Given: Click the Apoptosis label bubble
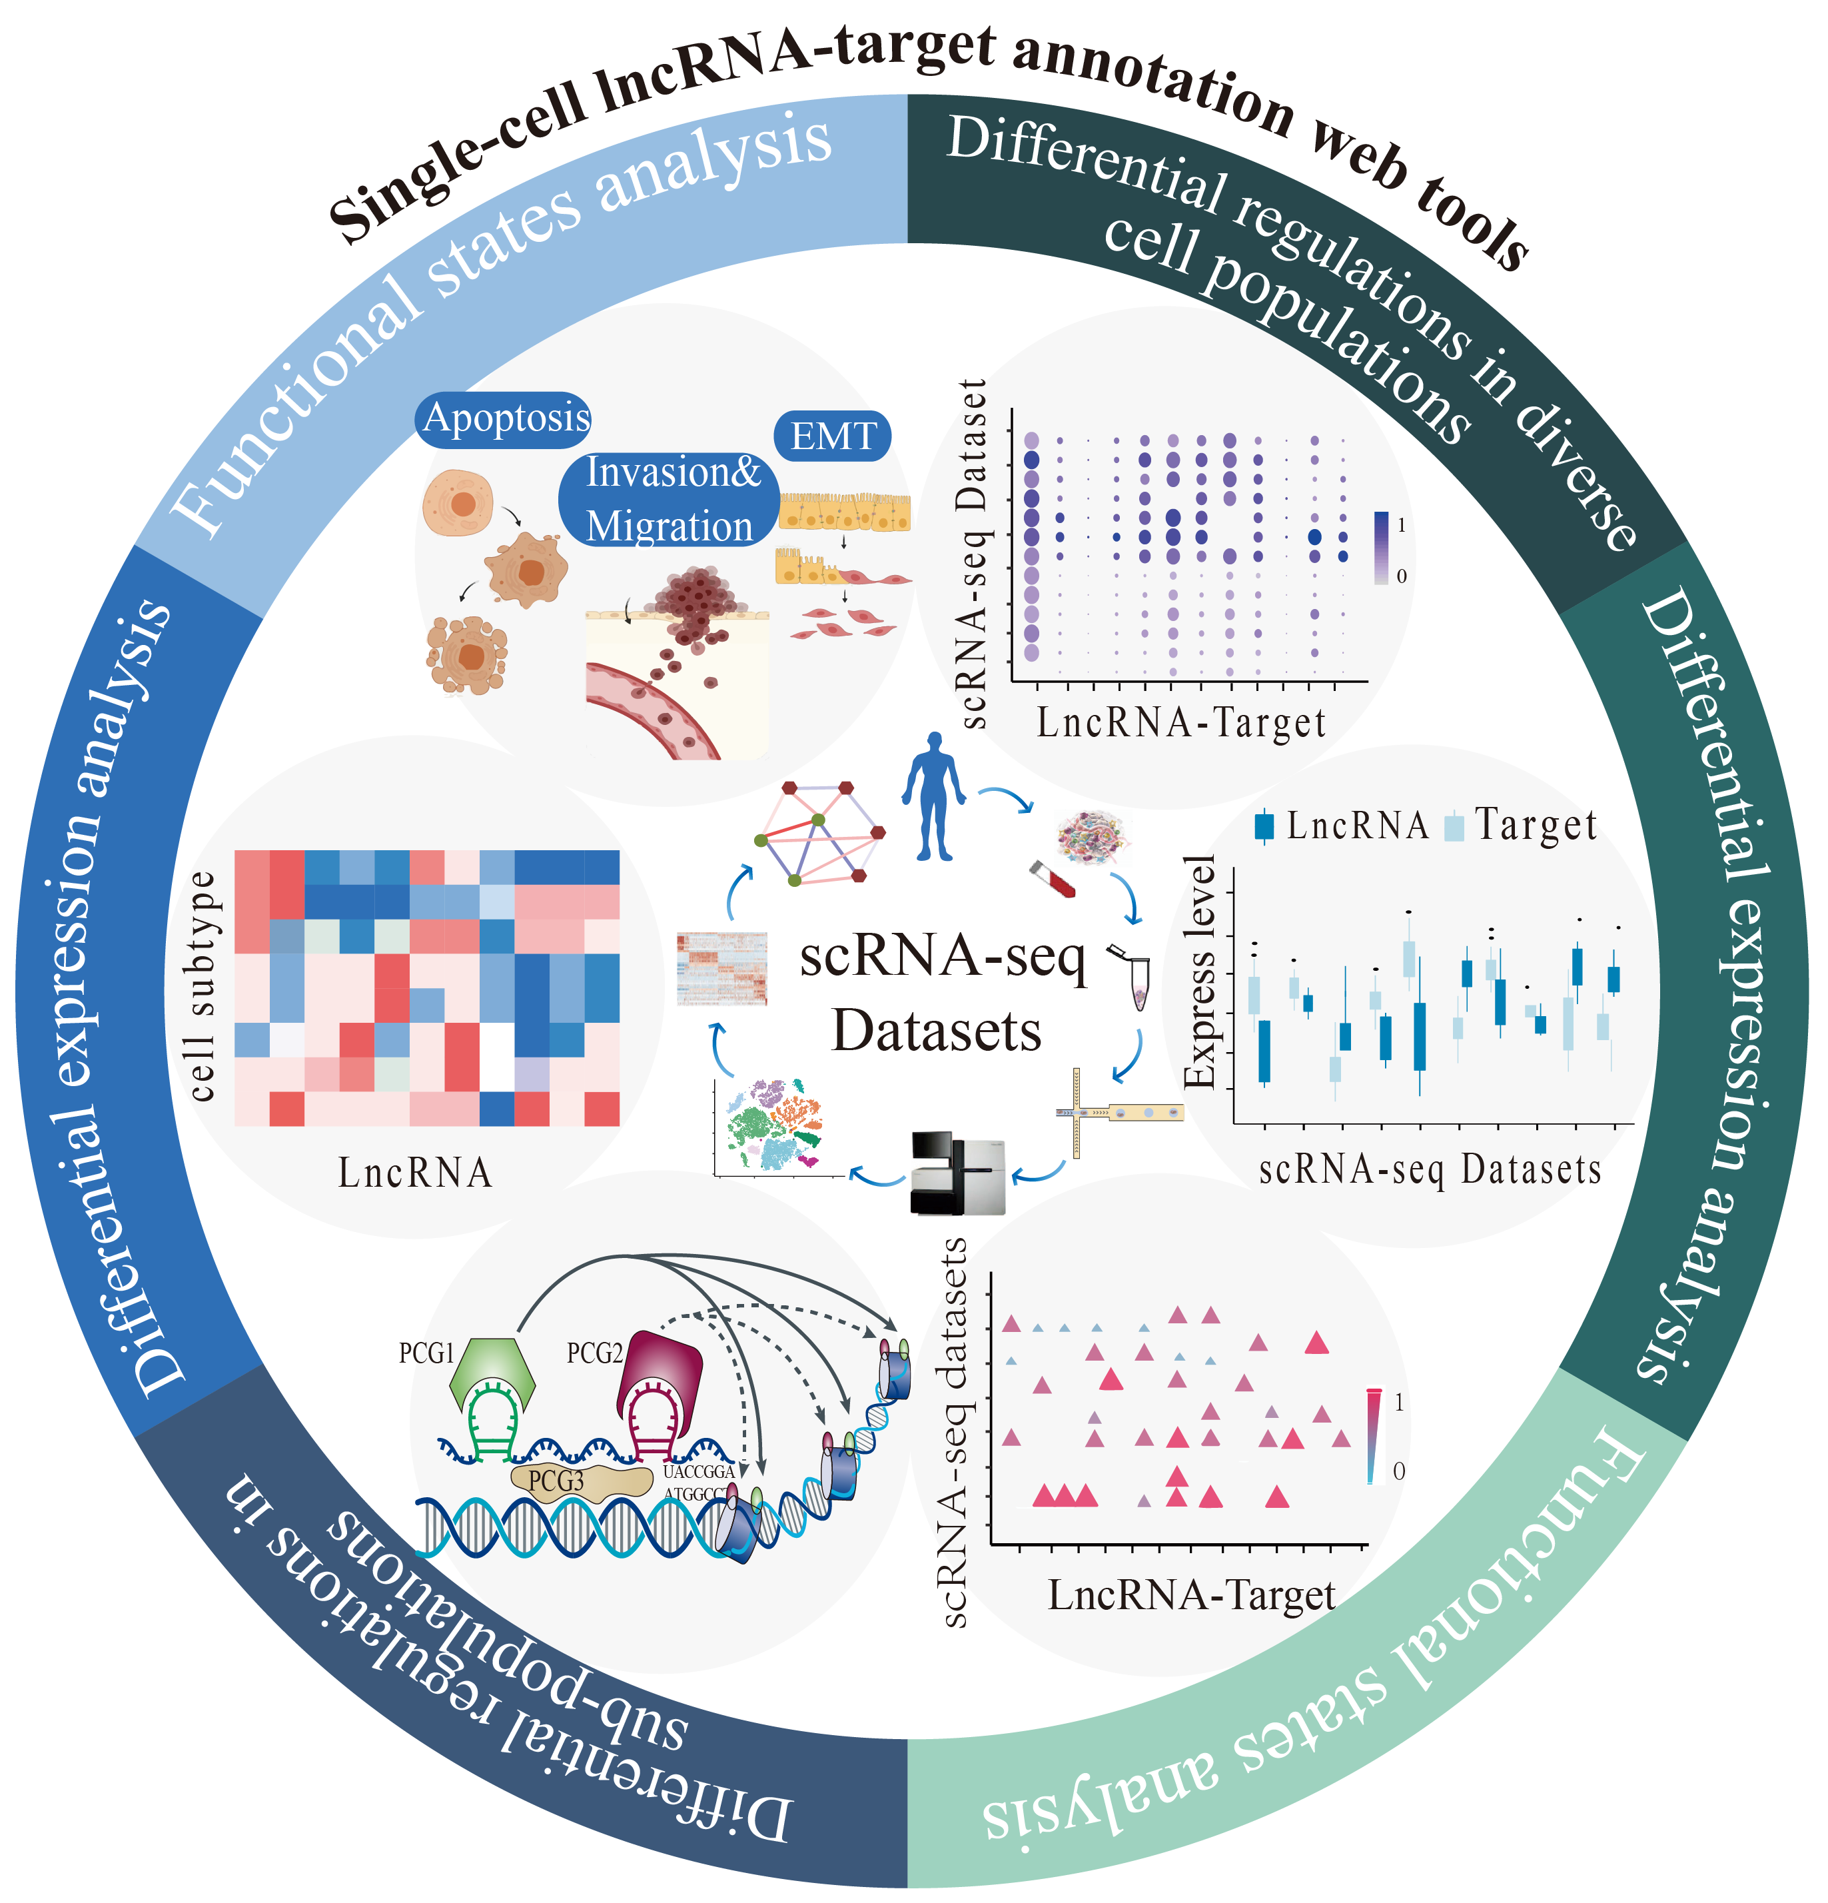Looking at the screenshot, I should click(x=505, y=418).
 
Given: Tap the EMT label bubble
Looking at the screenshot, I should click(x=832, y=436).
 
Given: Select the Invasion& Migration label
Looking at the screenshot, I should click(x=670, y=499).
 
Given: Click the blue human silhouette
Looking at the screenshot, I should click(x=933, y=796).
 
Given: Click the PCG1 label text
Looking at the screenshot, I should click(x=426, y=1353).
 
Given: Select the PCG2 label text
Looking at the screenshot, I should click(x=594, y=1353).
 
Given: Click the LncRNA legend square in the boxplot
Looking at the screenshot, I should click(x=1264, y=826).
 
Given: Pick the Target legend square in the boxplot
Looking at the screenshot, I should click(x=1454, y=827).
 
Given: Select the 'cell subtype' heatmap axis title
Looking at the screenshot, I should click(x=201, y=985).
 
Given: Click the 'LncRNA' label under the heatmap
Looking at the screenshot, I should click(x=414, y=1173).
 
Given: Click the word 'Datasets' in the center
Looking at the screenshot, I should click(x=936, y=1031).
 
